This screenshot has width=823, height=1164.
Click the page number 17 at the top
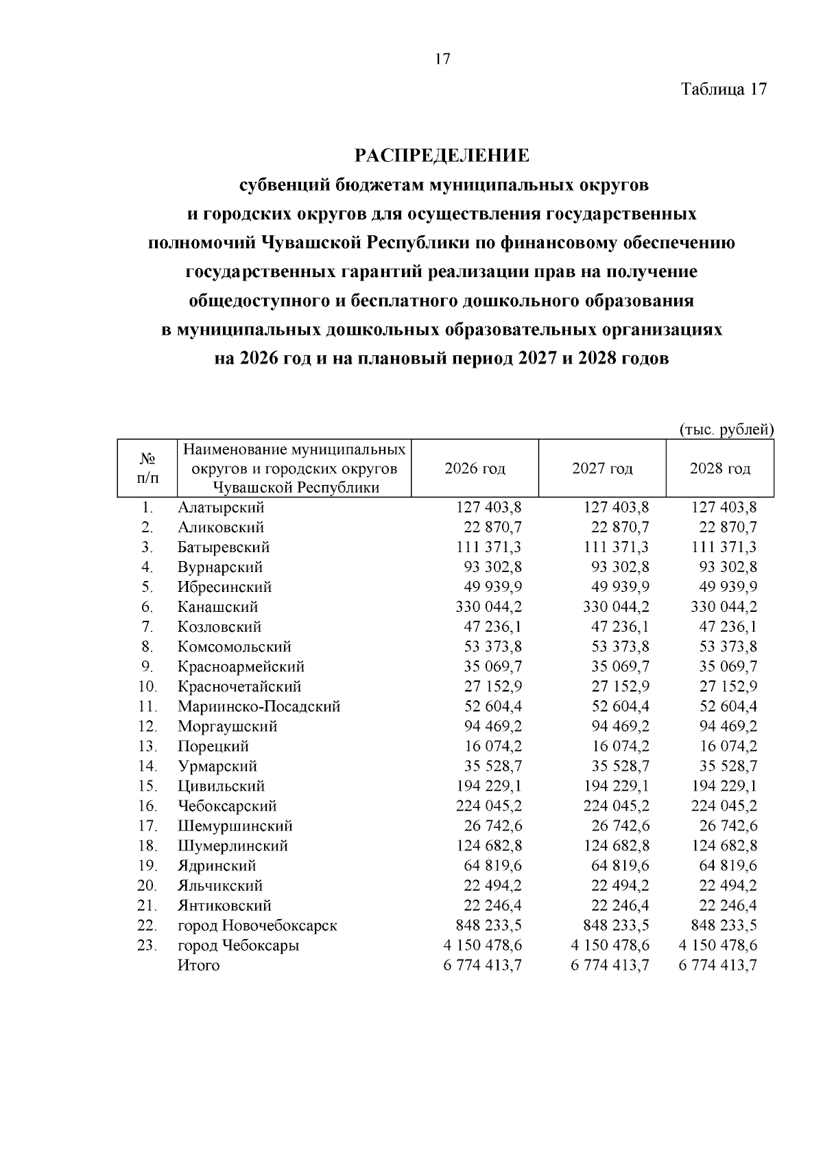pos(442,59)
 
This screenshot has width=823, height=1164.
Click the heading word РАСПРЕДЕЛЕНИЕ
pos(442,156)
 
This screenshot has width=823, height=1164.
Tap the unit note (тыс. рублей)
pos(726,430)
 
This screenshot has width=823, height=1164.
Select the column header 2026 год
pos(475,468)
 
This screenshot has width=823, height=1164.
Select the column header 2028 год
pos(719,468)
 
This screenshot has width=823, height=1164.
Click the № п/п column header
pos(147,468)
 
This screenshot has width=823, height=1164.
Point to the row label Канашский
pos(217,607)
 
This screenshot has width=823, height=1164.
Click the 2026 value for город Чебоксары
pos(483,945)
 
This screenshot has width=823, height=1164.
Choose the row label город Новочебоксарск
pos(257,925)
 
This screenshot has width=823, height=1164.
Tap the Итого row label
pos(198,965)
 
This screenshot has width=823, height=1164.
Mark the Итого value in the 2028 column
pos(718,965)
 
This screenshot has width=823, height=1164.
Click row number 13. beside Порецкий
pos(147,746)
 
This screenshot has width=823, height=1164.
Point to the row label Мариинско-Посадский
pos(259,706)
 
